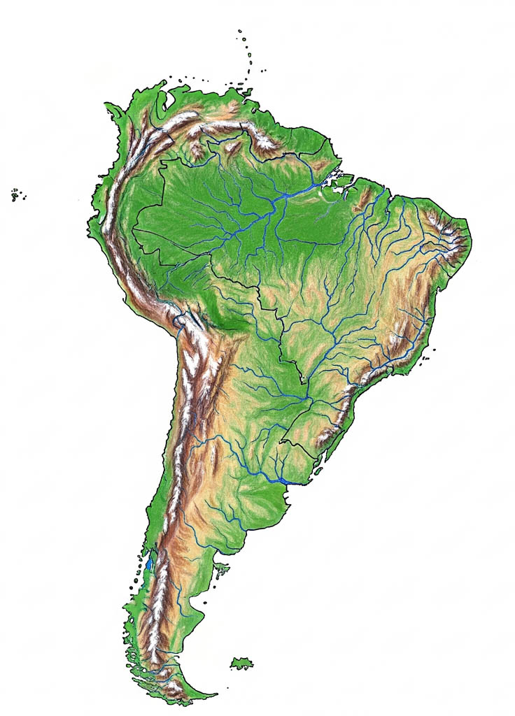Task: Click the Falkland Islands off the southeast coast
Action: (242, 661)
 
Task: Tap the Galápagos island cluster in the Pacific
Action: (15, 194)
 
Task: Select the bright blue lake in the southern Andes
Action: (149, 563)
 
